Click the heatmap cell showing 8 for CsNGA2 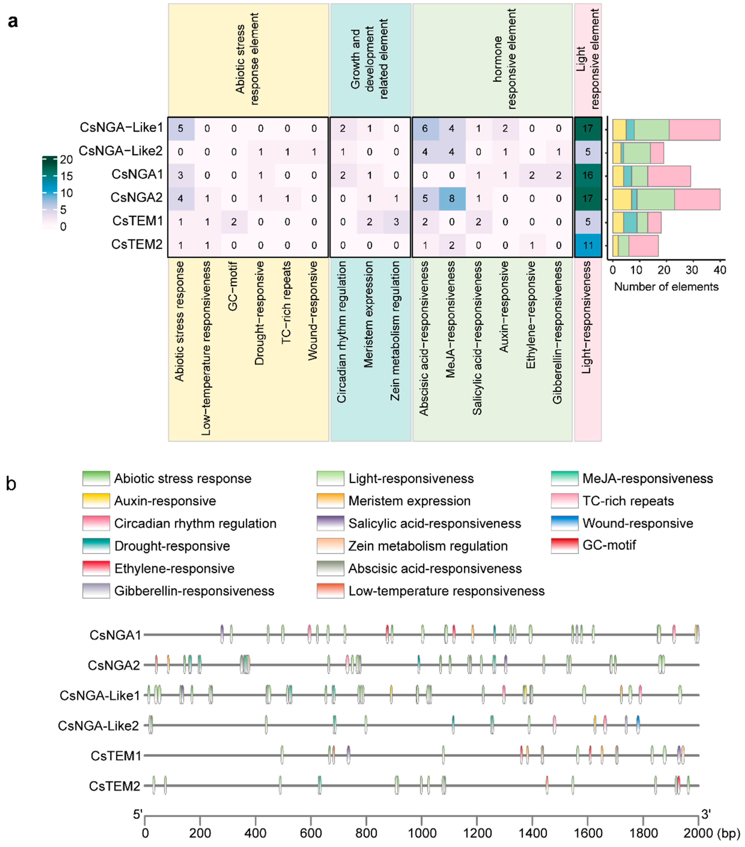(452, 198)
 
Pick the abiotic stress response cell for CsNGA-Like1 (180, 128)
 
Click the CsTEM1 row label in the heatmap (138, 221)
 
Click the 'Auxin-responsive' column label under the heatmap (504, 307)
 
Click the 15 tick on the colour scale (66, 177)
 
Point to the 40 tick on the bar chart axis (720, 270)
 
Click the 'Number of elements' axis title (666, 287)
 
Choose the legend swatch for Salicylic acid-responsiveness (330, 523)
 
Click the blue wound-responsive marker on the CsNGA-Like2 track (638, 725)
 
